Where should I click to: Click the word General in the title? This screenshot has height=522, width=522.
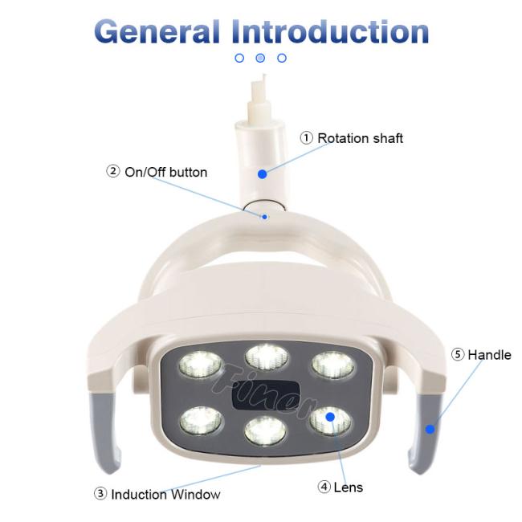click(157, 31)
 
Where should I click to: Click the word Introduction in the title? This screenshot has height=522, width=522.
click(330, 31)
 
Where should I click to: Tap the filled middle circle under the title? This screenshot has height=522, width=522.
click(260, 59)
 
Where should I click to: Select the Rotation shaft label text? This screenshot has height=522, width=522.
click(361, 138)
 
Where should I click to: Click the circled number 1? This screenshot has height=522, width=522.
click(306, 138)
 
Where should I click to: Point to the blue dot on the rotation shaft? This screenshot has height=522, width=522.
click(263, 173)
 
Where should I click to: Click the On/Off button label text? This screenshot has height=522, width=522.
click(165, 172)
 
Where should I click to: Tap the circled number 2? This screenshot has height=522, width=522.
click(113, 171)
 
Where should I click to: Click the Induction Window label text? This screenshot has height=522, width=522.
click(165, 495)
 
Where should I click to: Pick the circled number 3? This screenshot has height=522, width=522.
click(100, 494)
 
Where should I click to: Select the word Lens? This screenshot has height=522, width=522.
click(349, 487)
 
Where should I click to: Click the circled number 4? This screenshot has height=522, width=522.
click(324, 487)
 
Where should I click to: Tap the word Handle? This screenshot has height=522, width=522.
click(489, 355)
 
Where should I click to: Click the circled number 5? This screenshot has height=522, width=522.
click(458, 354)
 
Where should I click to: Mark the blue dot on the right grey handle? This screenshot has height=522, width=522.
click(430, 429)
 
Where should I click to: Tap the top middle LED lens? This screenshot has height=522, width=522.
click(267, 357)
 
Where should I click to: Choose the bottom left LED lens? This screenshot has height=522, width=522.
click(201, 421)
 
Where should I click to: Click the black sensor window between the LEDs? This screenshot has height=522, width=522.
click(265, 396)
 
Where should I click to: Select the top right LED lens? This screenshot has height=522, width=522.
click(333, 365)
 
